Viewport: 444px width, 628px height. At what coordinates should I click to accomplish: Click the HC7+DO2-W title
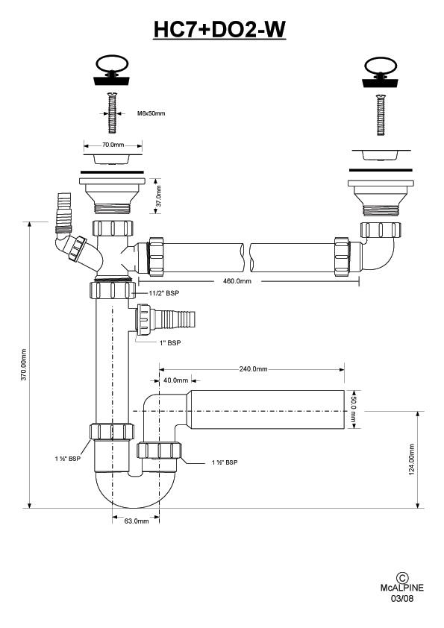click(219, 29)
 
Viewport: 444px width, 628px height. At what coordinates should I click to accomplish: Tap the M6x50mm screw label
click(151, 113)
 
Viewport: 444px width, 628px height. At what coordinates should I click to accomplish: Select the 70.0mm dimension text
click(113, 145)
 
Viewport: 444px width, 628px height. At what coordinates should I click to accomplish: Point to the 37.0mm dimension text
click(159, 195)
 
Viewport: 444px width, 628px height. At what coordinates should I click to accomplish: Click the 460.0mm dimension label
click(237, 281)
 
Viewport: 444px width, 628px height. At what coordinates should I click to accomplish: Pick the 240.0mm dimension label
click(253, 369)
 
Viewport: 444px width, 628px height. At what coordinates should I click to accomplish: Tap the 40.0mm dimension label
click(175, 380)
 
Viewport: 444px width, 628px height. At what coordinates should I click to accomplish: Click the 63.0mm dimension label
click(137, 521)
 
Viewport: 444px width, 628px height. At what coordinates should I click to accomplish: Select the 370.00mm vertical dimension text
click(24, 365)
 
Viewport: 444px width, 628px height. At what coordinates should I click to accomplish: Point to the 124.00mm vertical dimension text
click(412, 459)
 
